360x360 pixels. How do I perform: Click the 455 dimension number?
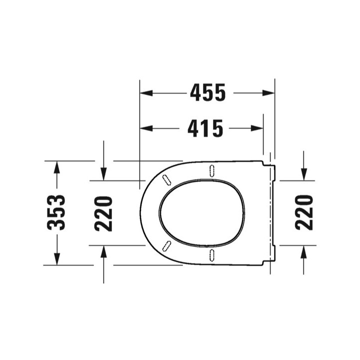[208, 92]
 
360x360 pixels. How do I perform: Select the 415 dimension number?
[205, 128]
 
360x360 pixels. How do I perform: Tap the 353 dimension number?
[56, 212]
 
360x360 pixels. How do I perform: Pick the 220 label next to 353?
[103, 213]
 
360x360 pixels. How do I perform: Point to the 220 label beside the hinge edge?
[304, 212]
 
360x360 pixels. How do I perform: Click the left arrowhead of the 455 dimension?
[146, 93]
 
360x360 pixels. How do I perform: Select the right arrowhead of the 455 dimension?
[268, 93]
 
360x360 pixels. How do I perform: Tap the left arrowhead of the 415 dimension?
[146, 128]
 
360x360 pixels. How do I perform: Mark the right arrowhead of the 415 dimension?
[257, 128]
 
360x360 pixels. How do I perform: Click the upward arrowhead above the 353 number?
[56, 167]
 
